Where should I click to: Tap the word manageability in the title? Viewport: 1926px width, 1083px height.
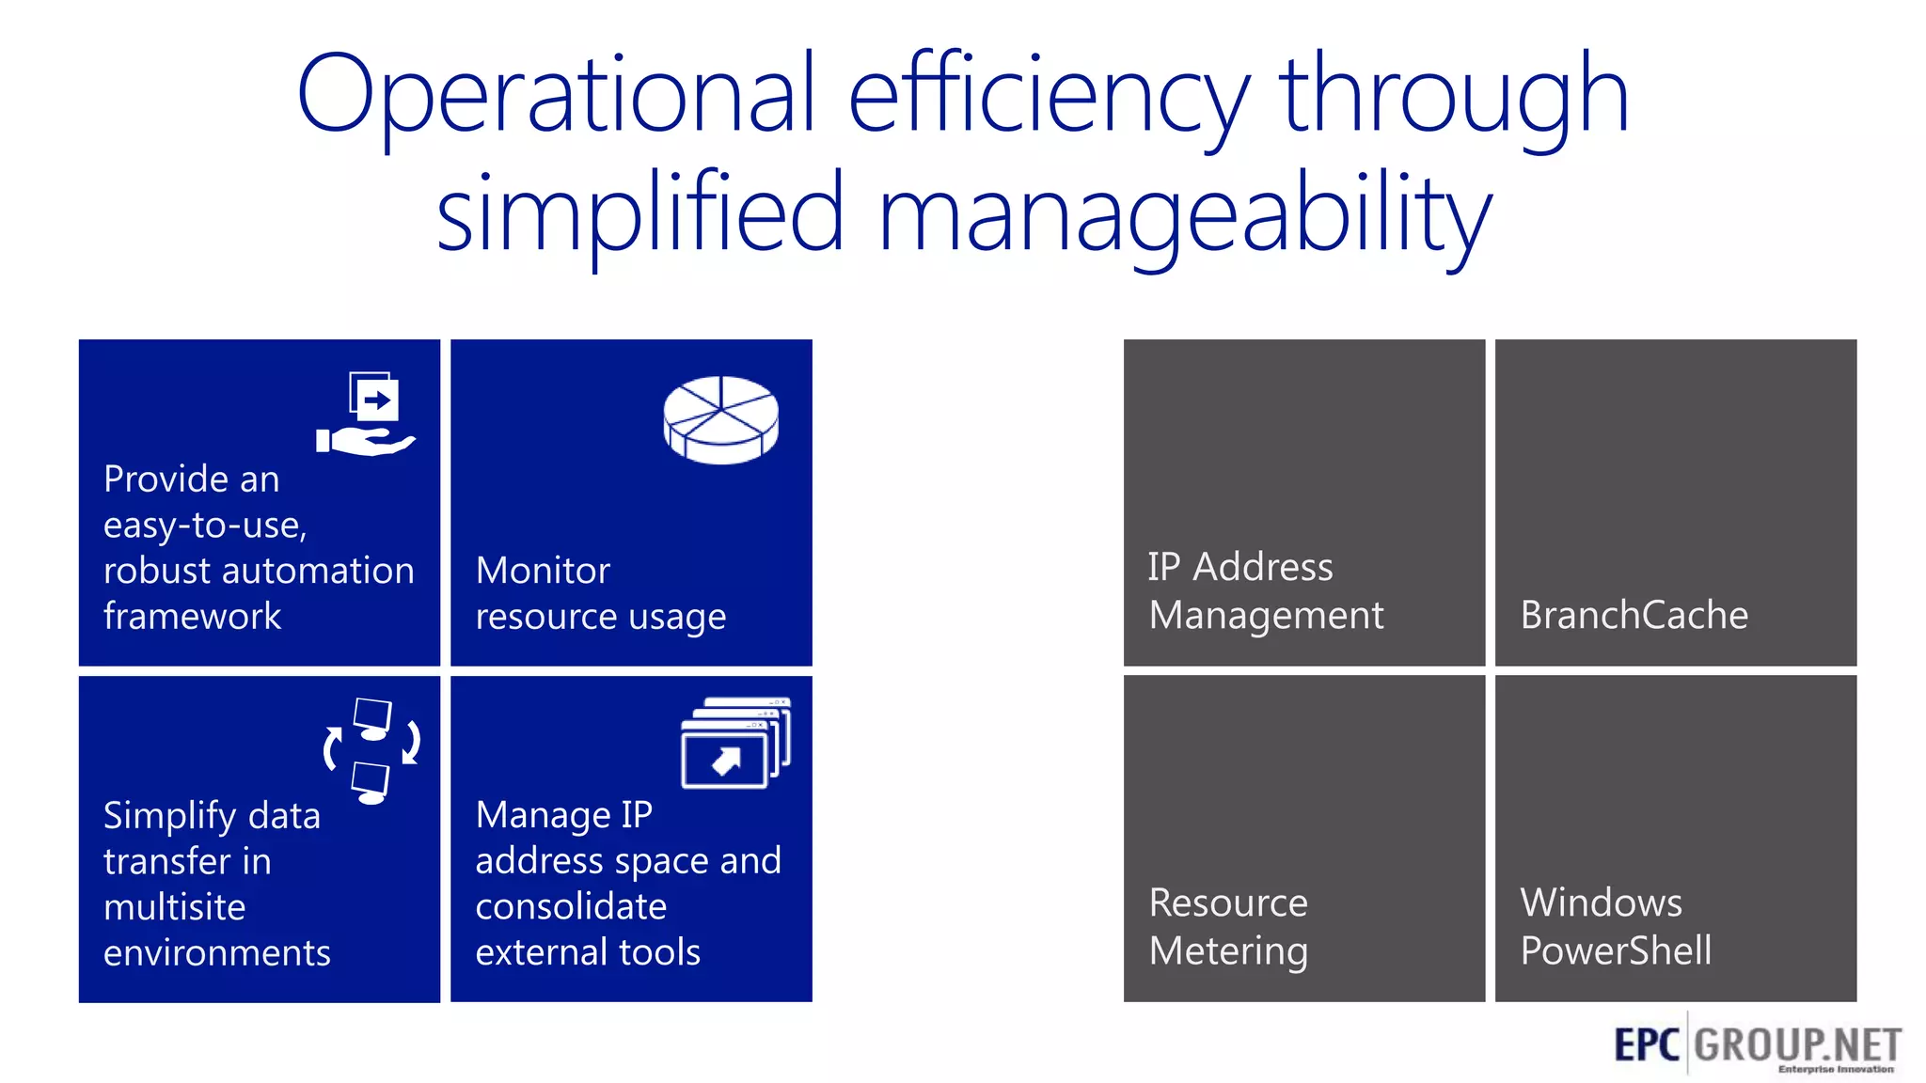1185,214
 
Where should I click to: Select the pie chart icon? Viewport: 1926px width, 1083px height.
721,419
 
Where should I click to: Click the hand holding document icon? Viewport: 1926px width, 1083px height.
367,415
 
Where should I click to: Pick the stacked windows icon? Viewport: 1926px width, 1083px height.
735,743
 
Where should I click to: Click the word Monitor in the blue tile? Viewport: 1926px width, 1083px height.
543,571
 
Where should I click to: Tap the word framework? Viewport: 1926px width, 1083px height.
192,617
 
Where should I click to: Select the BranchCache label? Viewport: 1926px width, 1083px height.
1634,615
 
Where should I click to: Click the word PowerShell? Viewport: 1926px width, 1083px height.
1616,950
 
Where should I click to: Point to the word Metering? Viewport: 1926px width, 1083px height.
1228,950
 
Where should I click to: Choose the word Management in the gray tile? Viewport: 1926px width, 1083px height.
1266,616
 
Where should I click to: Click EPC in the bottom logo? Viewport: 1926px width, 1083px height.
1646,1044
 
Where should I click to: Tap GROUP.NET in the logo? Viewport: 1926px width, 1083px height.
1797,1044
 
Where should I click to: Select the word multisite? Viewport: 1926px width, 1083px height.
175,907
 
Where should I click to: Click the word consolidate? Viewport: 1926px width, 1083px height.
571,906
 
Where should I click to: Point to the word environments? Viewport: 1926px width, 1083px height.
217,953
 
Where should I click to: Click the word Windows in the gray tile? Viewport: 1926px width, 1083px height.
1601,902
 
